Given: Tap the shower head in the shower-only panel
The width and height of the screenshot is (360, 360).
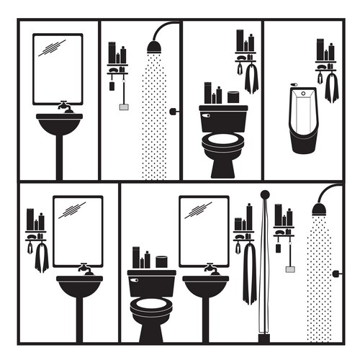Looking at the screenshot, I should point(154,48).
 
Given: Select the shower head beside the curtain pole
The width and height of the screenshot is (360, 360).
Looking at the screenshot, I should point(318,209).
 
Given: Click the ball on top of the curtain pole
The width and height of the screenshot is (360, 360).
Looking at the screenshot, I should point(265,194).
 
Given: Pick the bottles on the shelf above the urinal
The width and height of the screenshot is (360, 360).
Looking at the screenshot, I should point(325,52).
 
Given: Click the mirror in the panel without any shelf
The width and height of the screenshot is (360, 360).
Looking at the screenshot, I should point(58,68).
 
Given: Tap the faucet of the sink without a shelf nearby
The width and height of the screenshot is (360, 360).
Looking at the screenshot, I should point(66,107).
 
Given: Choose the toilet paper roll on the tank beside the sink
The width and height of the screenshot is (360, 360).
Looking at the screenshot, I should point(162,262).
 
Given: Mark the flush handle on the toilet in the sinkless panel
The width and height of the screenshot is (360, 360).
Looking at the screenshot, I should point(207,114).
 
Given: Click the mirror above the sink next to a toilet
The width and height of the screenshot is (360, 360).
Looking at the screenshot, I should point(204,230).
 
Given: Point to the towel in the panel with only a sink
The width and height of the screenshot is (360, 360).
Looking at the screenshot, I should point(42,256).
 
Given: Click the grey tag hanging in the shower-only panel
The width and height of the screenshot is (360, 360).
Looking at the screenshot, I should point(123,107).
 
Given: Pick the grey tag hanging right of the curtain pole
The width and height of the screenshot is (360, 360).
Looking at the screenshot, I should point(289,269).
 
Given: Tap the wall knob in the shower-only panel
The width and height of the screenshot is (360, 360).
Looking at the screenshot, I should point(173,111).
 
